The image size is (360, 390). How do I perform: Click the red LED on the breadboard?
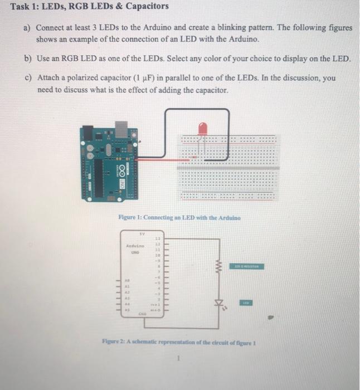(203, 129)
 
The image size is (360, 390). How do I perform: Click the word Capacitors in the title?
(144, 7)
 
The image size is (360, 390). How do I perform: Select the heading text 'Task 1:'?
(27, 7)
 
